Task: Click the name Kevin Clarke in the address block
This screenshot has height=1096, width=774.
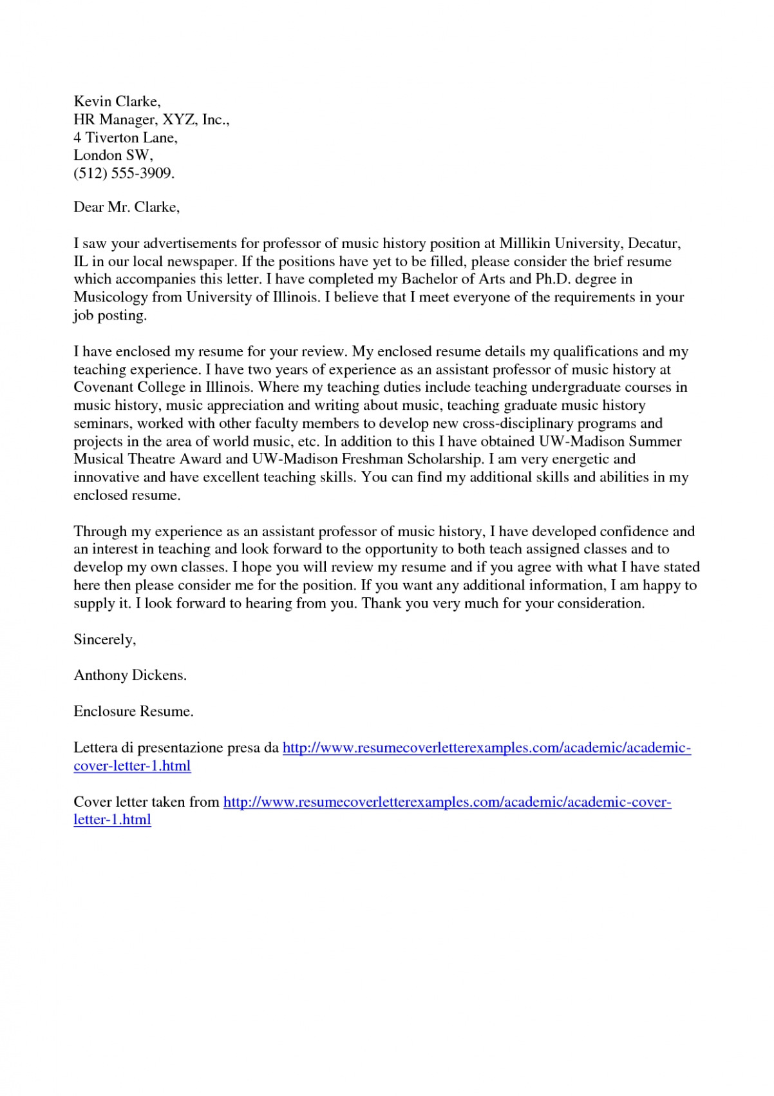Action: click(x=117, y=101)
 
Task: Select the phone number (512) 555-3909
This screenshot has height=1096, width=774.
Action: click(x=124, y=173)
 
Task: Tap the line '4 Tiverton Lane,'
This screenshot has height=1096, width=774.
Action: click(x=125, y=137)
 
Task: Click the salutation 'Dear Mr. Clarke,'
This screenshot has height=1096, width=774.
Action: click(x=126, y=207)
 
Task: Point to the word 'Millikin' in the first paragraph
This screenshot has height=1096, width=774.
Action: click(x=525, y=243)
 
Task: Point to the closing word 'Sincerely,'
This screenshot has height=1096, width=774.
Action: click(x=104, y=639)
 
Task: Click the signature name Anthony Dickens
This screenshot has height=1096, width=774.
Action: click(x=129, y=675)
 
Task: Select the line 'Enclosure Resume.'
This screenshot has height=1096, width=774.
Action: click(x=133, y=711)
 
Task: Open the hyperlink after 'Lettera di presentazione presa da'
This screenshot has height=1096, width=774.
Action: click(x=486, y=747)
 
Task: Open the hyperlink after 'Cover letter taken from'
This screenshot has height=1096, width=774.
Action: click(x=447, y=802)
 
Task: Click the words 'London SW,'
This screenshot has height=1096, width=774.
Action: click(x=113, y=155)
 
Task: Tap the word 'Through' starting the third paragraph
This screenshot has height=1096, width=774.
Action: click(x=100, y=532)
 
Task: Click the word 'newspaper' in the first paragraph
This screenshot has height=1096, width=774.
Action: click(x=202, y=261)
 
